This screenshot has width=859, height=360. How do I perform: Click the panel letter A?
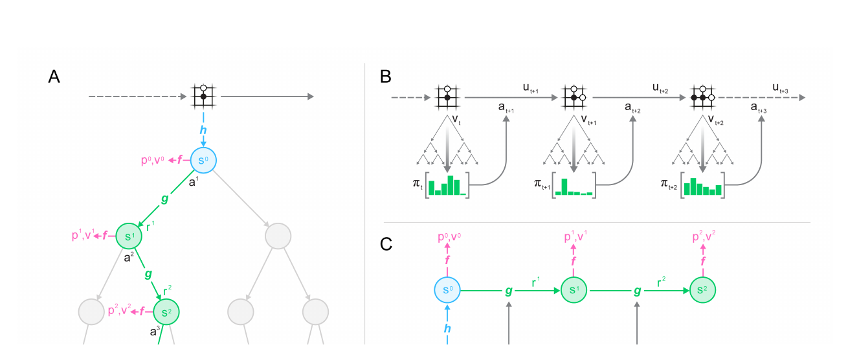coord(54,76)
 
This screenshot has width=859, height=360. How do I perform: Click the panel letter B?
coord(385,76)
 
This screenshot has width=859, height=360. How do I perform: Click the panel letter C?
coord(386,244)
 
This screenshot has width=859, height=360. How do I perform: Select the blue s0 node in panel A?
coord(203,161)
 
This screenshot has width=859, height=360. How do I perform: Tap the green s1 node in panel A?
coord(129,236)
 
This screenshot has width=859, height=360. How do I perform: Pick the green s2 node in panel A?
coord(166,312)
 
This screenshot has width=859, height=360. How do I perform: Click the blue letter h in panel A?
coord(203,130)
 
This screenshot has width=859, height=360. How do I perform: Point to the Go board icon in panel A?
coord(203,96)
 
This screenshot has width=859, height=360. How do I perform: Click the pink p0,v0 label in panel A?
coord(153,159)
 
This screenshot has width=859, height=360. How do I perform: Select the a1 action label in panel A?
coord(194,182)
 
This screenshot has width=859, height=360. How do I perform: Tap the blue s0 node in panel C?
coord(447,290)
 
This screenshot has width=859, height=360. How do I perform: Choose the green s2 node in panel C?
coord(702,290)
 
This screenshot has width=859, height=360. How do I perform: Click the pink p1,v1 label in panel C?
coord(575,236)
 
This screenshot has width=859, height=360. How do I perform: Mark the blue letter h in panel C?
coord(447,328)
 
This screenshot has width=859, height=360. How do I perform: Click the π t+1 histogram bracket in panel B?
coord(574,185)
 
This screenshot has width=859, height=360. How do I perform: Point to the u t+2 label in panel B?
coord(660,88)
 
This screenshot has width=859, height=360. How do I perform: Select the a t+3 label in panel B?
coord(759,108)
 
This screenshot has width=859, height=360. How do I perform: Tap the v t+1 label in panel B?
coord(588,120)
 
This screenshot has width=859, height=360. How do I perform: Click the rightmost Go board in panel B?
coord(702,97)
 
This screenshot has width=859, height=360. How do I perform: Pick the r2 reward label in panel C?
coord(661,282)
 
